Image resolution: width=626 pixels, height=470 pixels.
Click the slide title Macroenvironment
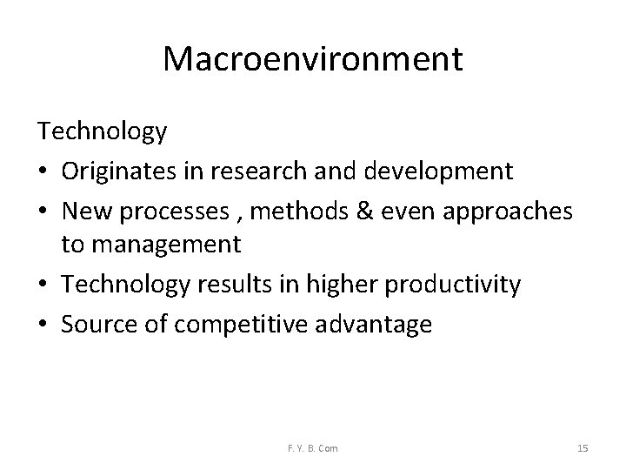[313, 59]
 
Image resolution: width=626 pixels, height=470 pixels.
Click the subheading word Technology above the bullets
[102, 132]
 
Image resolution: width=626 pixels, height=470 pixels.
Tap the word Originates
[118, 171]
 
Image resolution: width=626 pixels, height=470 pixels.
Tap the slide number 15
[583, 448]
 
